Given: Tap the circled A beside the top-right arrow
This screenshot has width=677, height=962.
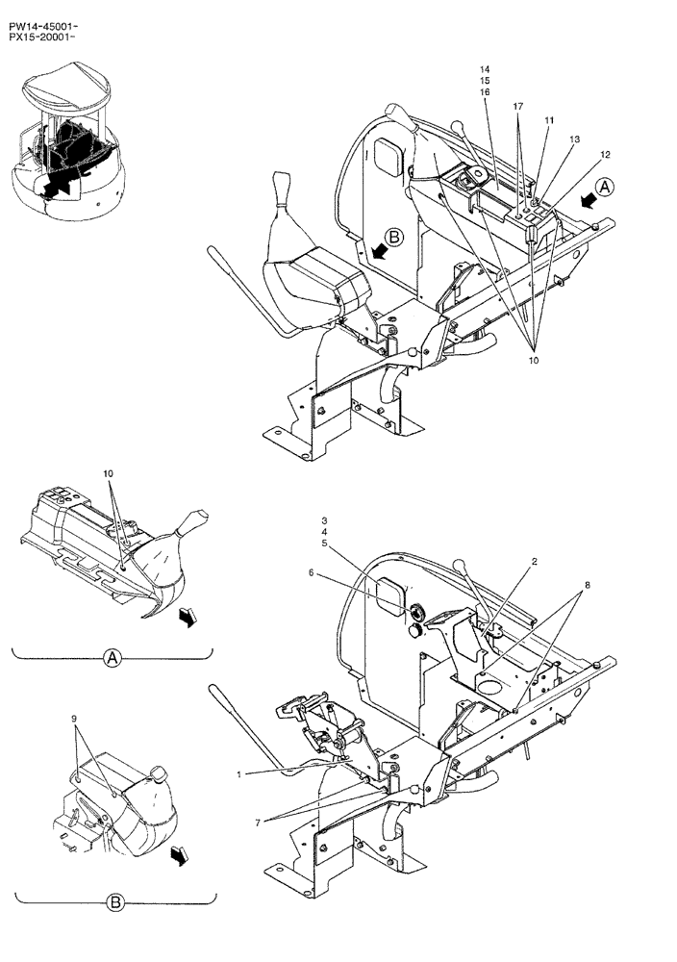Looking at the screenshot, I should (x=603, y=188).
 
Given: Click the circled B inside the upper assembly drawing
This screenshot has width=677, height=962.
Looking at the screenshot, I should (x=396, y=235).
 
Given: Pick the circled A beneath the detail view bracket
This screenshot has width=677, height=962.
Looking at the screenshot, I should (x=112, y=658).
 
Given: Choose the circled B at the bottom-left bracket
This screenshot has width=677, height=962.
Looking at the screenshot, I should (x=114, y=902).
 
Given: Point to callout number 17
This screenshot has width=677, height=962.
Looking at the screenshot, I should (x=517, y=105).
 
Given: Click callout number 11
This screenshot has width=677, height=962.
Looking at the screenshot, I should (x=549, y=121).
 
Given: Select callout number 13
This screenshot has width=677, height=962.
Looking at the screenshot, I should (x=574, y=139).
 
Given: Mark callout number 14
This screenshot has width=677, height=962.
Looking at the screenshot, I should (x=485, y=70).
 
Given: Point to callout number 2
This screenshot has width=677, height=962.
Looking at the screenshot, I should (x=535, y=561).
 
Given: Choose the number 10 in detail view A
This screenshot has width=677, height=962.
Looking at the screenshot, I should (x=109, y=474).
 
